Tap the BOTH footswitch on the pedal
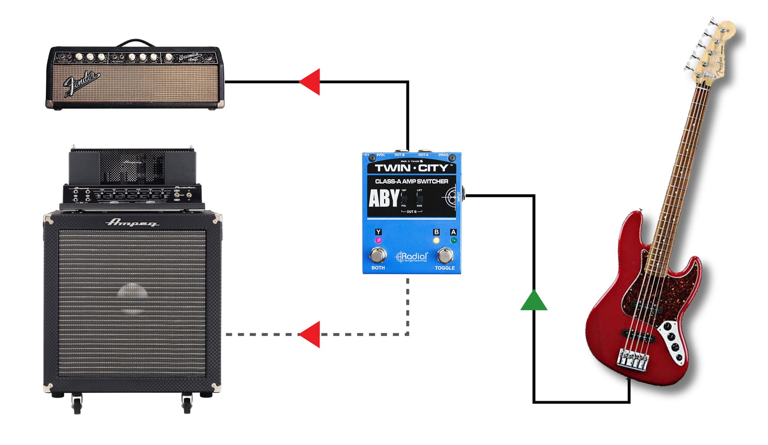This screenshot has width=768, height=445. pyautogui.click(x=378, y=255)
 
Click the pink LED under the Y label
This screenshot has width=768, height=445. pyautogui.click(x=378, y=241)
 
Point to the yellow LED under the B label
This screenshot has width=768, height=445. pyautogui.click(x=436, y=241)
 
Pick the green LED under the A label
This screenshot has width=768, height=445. pyautogui.click(x=454, y=241)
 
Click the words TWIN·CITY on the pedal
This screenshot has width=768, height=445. pyautogui.click(x=412, y=168)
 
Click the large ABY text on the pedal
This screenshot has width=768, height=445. pyautogui.click(x=384, y=199)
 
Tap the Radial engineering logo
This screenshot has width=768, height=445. pyautogui.click(x=412, y=257)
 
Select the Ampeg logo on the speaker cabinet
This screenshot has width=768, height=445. pyautogui.click(x=132, y=222)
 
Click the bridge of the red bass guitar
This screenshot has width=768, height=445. pyautogui.click(x=632, y=359)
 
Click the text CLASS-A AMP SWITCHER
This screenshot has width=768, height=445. pyautogui.click(x=412, y=181)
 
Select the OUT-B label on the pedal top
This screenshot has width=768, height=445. pyautogui.click(x=399, y=155)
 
